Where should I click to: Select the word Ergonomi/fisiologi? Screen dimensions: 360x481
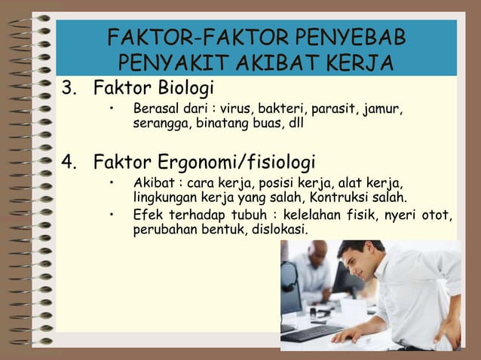[237, 163]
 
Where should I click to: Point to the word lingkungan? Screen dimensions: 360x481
[165, 198]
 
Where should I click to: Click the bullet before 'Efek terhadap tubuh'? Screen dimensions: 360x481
[110, 217]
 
